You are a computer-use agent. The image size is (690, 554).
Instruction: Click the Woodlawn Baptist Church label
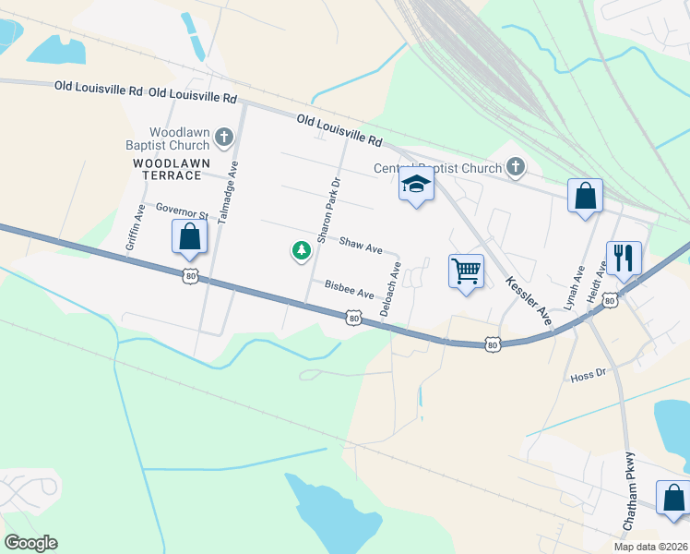[x=168, y=138]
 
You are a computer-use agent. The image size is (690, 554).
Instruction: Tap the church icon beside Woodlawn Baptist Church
[x=223, y=138]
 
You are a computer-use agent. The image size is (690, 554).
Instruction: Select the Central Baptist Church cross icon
[x=516, y=167]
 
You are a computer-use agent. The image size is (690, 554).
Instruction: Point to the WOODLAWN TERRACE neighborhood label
[x=167, y=168]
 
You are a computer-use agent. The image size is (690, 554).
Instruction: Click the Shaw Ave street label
[x=361, y=247]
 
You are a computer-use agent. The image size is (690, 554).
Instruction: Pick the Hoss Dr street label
[x=587, y=376]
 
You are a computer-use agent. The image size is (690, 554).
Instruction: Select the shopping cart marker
[x=466, y=271]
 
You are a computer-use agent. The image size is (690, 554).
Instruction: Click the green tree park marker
[x=300, y=249]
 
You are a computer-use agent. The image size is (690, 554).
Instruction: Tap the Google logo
[x=30, y=543]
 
